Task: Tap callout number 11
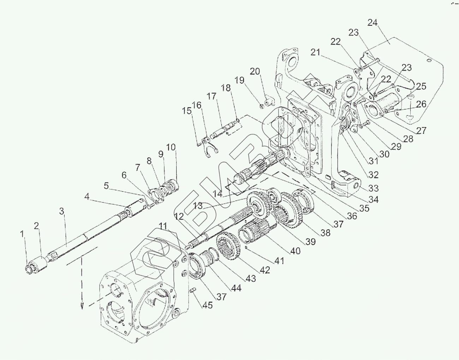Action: [x=163, y=226]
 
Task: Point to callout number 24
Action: [x=372, y=23]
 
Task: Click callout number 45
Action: [x=207, y=305]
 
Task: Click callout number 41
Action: [x=279, y=261]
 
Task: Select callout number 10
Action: [x=171, y=147]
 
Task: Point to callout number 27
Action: [x=421, y=130]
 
